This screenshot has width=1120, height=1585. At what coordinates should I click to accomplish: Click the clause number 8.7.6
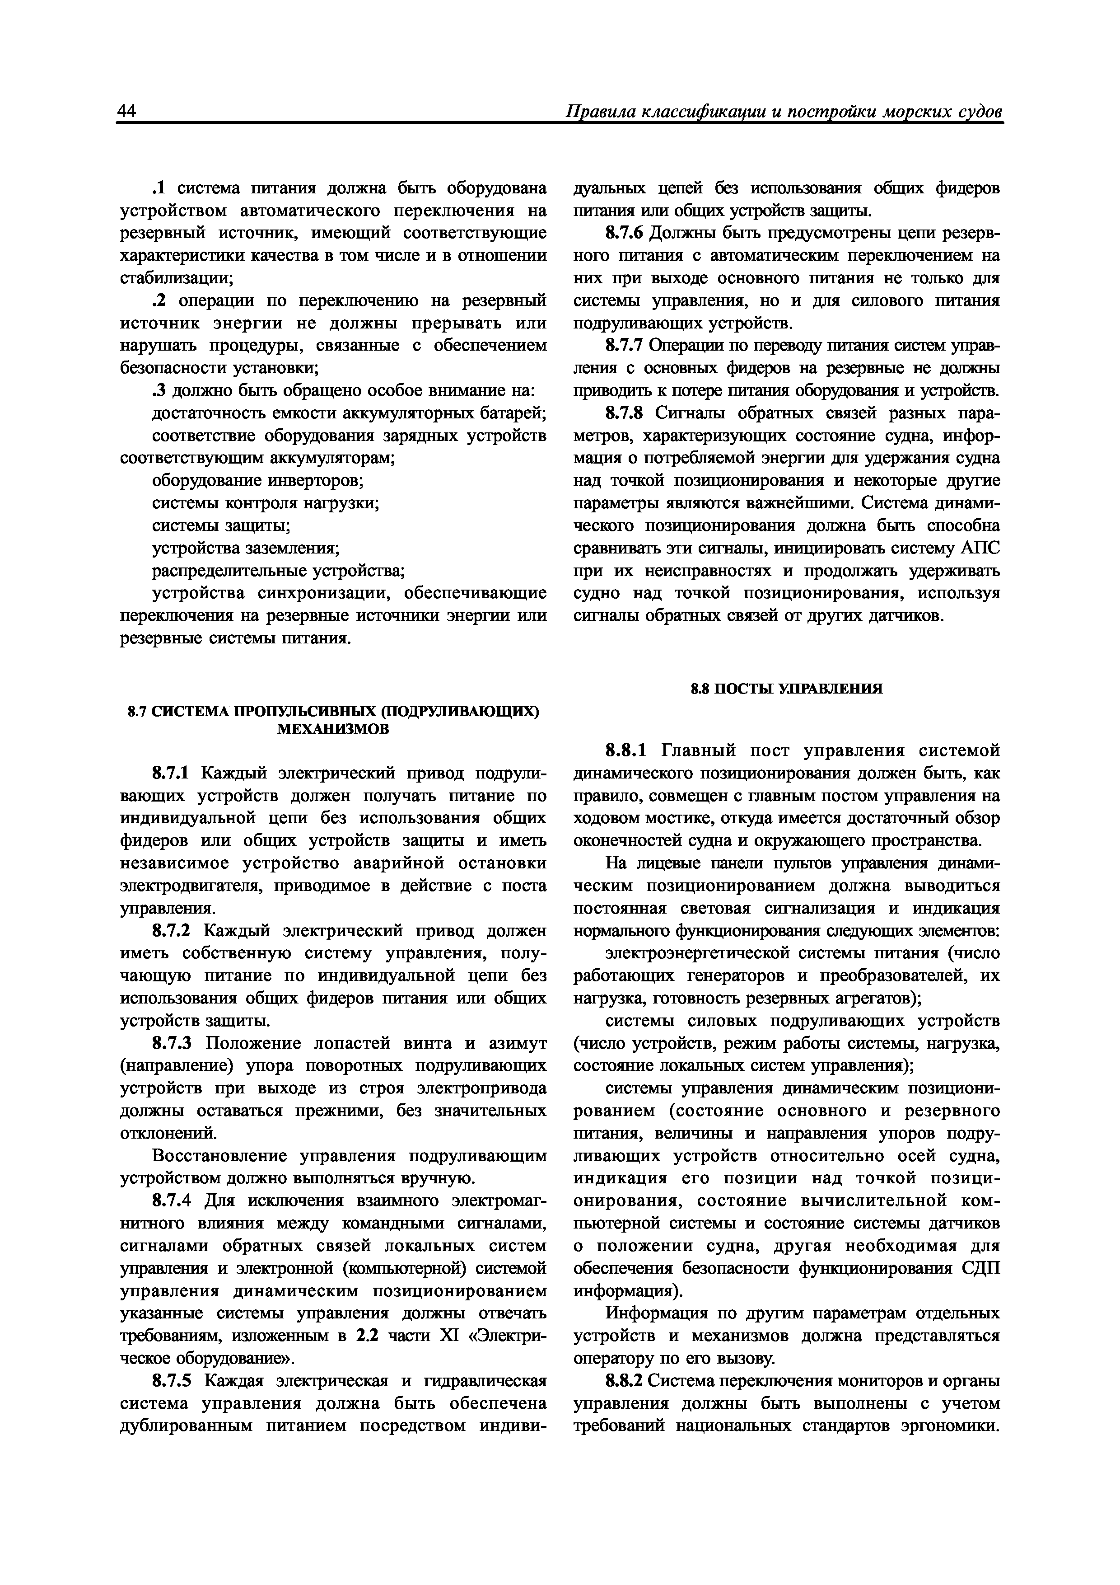coord(625,233)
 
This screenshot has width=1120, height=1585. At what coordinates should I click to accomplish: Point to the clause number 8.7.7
coord(625,346)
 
